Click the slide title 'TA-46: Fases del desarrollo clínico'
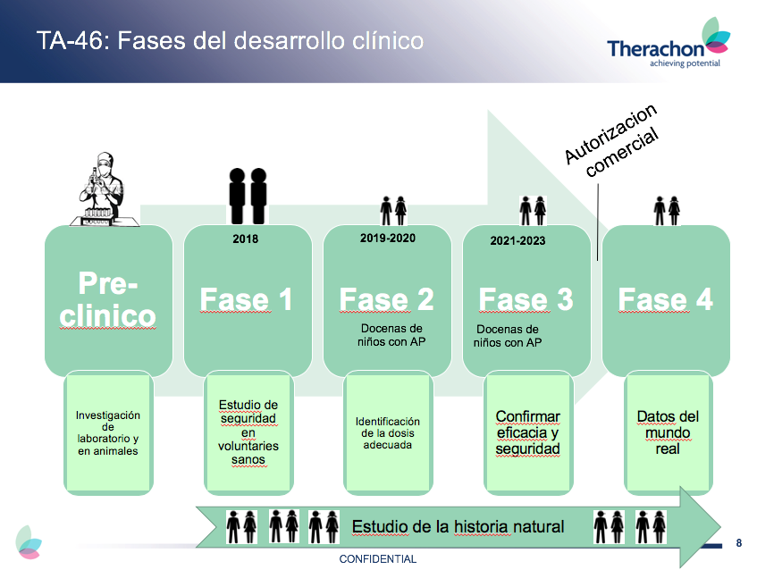(x=230, y=41)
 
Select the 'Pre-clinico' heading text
(x=108, y=300)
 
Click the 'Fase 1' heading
(x=246, y=299)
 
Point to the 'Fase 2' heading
(x=386, y=299)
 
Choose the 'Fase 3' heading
(x=526, y=299)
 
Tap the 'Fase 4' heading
(x=666, y=299)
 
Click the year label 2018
(x=245, y=239)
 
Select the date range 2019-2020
(x=388, y=238)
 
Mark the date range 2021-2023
(x=517, y=240)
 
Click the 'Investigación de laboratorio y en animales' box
(x=108, y=433)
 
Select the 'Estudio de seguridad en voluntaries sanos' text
(x=248, y=432)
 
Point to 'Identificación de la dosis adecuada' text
(x=387, y=432)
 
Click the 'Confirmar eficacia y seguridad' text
(x=527, y=432)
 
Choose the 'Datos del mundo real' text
(x=667, y=432)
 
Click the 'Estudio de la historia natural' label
(x=458, y=526)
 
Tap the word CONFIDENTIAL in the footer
(x=377, y=558)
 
